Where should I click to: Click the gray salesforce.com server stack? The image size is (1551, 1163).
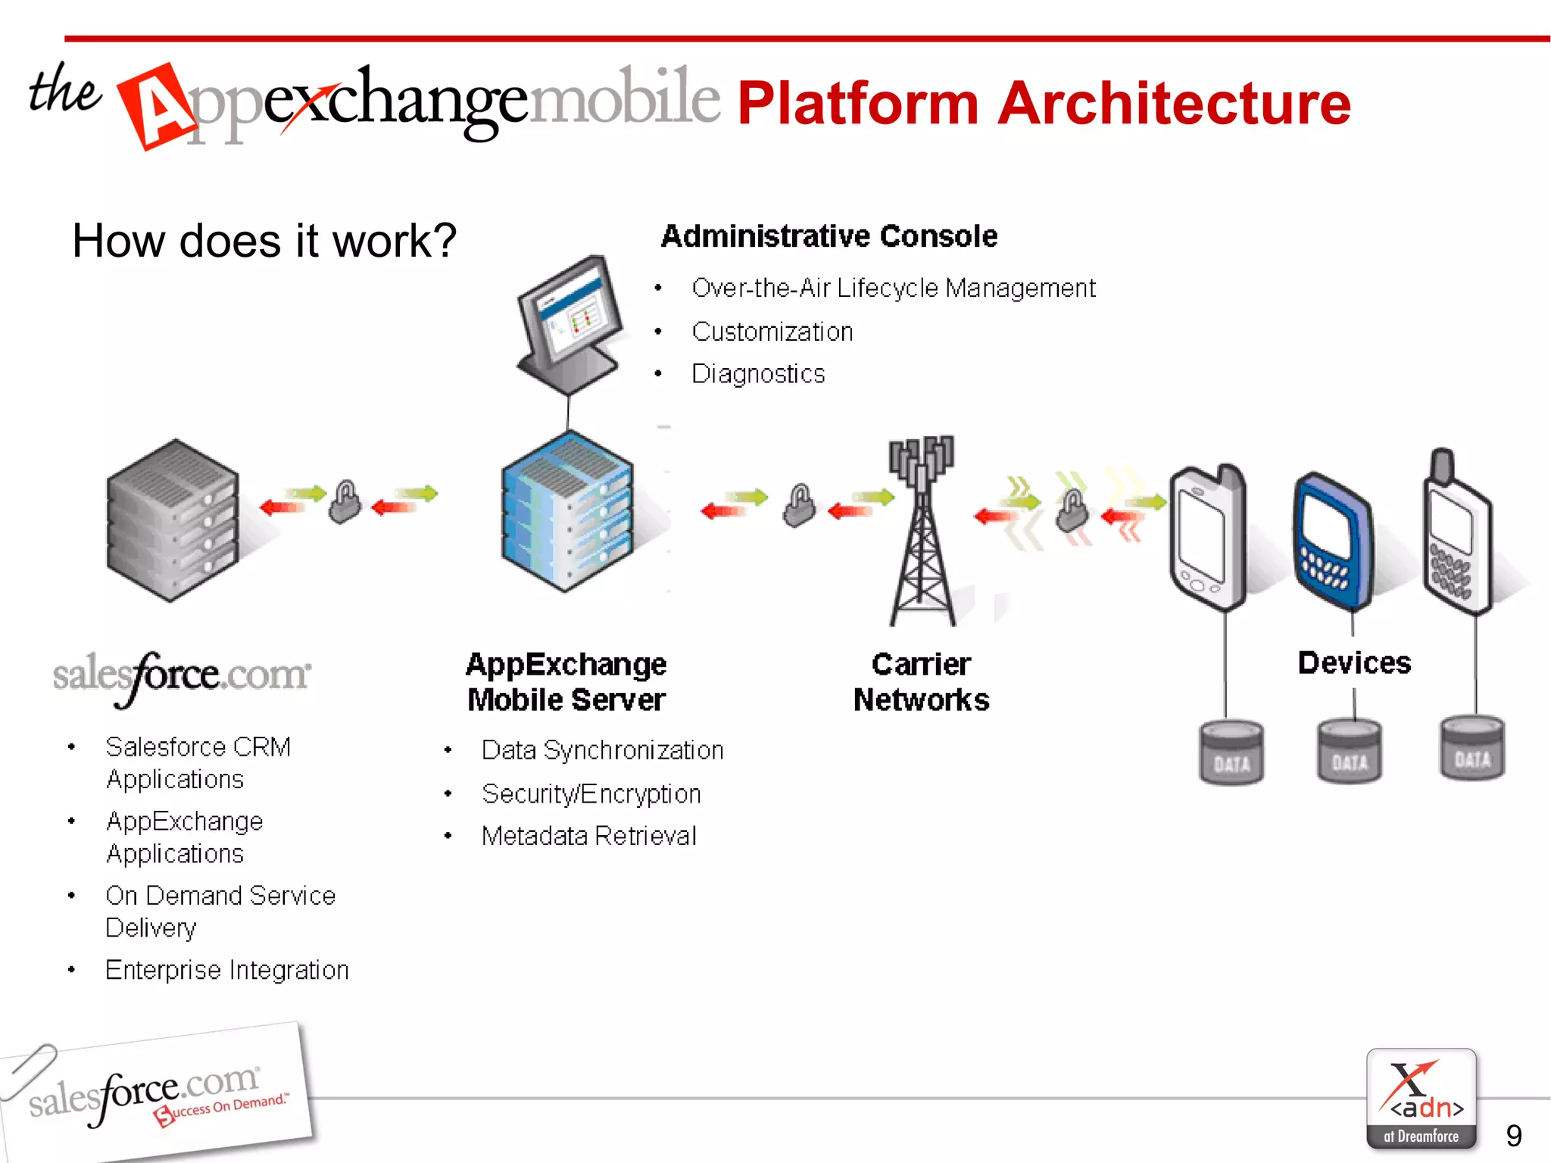click(x=173, y=521)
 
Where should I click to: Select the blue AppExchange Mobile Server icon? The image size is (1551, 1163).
click(x=567, y=511)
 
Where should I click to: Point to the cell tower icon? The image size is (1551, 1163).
click(x=922, y=530)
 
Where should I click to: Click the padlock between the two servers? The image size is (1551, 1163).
click(x=345, y=502)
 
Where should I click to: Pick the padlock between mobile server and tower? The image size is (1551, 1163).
click(x=799, y=505)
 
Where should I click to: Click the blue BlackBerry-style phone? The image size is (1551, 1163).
click(x=1331, y=541)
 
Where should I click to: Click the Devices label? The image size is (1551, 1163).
click(x=1354, y=663)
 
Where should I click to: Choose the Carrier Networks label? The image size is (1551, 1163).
click(x=921, y=681)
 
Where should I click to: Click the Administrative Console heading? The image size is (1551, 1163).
click(x=829, y=236)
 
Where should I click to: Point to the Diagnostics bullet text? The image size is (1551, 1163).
click(x=758, y=374)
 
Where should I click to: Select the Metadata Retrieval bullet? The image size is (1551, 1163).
click(x=588, y=836)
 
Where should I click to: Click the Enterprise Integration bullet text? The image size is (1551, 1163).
click(x=227, y=970)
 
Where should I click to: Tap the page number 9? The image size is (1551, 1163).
click(x=1513, y=1135)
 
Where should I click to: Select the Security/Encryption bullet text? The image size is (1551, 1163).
click(x=591, y=794)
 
